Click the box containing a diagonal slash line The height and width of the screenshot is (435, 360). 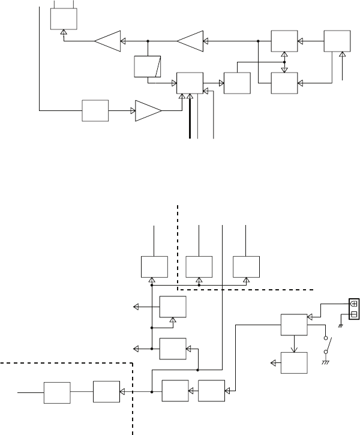tap(148, 66)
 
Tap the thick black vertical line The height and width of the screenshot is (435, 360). tap(190, 117)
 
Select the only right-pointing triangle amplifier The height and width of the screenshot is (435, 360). tap(148, 110)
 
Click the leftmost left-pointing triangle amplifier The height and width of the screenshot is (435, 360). tap(107, 41)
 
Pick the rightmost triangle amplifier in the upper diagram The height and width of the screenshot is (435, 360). tap(190, 41)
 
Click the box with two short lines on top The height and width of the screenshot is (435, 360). tap(64, 20)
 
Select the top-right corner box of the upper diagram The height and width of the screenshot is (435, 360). tap(337, 41)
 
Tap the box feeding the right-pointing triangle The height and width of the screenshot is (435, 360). tap(95, 110)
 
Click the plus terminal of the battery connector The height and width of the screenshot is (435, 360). tap(353, 304)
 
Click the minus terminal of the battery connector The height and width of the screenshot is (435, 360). tap(353, 314)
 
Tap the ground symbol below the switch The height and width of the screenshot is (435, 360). tap(328, 362)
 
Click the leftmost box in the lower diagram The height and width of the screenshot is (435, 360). tap(57, 392)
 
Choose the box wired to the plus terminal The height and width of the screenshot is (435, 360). tap(293, 325)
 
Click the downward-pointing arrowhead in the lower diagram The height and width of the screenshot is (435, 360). tap(293, 346)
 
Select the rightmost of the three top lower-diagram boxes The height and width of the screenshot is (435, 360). tap(246, 265)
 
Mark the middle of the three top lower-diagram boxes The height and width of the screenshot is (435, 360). tap(199, 265)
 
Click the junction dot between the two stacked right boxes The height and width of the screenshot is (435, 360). tap(284, 61)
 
